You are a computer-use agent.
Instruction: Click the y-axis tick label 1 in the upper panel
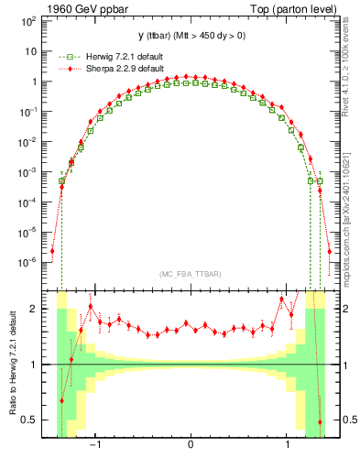coord(36,82)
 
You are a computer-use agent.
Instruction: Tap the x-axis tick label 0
coord(191,444)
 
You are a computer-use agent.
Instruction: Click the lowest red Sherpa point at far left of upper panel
coord(52,250)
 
